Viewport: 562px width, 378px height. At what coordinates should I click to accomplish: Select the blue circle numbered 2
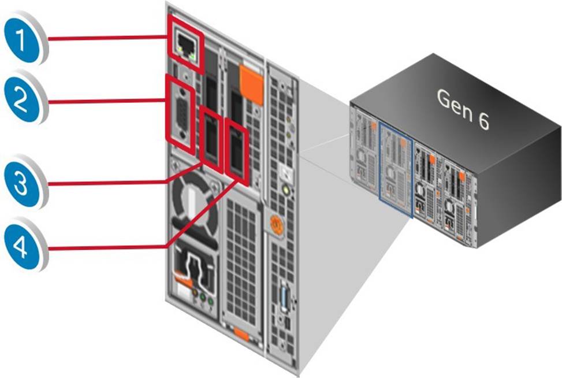click(24, 101)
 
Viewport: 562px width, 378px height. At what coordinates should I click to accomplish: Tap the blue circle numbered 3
click(24, 184)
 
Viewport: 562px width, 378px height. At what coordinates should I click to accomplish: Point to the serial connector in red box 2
click(181, 113)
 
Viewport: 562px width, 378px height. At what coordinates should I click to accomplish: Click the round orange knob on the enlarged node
click(276, 224)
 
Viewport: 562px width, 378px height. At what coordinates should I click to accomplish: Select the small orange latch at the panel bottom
click(243, 335)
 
